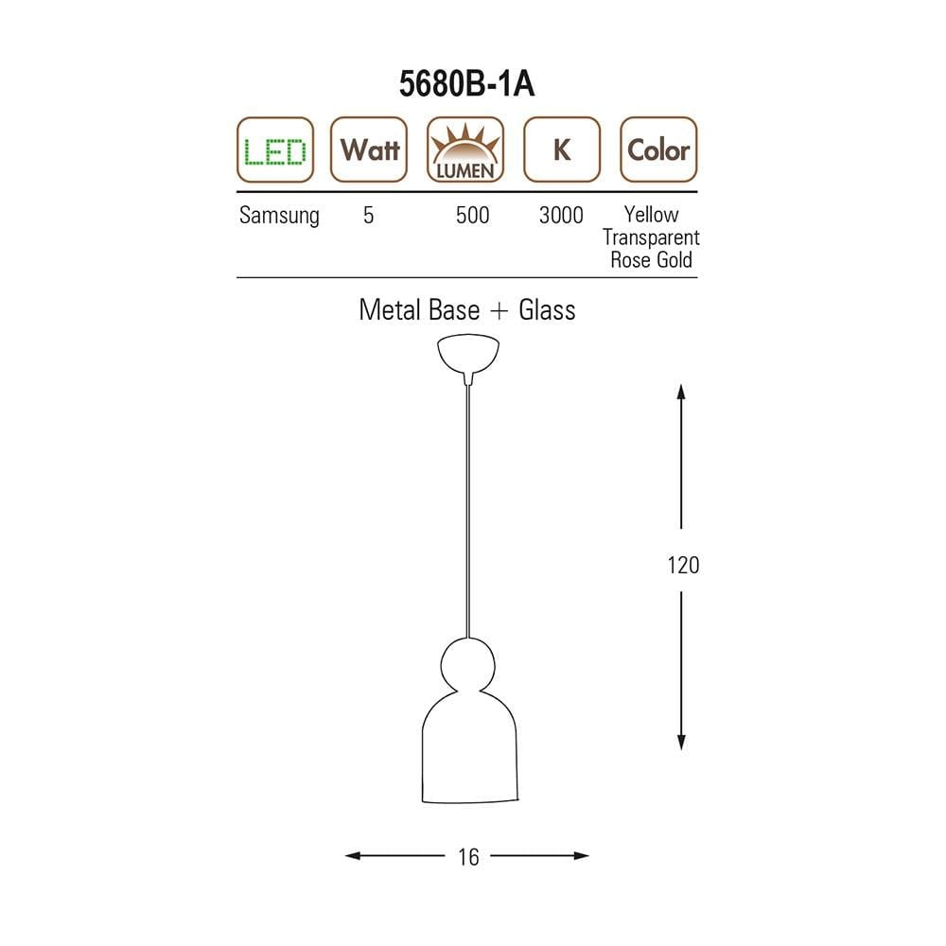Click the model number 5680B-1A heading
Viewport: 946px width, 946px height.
point(466,83)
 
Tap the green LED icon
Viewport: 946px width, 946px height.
point(275,149)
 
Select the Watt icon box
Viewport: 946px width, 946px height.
point(369,149)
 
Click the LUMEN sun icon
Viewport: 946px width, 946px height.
point(465,149)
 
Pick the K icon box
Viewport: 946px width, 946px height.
point(562,149)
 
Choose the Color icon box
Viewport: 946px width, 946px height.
point(658,149)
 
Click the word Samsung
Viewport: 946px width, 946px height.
point(279,216)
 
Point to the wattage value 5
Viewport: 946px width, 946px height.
point(369,216)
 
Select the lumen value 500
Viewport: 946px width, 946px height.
point(472,216)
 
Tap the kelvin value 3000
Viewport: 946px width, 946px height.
point(561,216)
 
